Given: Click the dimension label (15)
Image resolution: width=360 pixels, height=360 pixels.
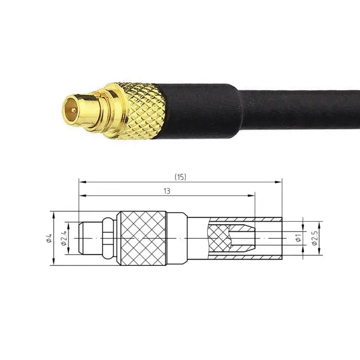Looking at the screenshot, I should click(x=180, y=177).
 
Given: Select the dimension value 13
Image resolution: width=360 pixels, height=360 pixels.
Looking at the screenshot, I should click(x=167, y=190).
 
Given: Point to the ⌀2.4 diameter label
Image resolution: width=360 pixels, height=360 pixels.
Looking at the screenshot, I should click(x=64, y=238).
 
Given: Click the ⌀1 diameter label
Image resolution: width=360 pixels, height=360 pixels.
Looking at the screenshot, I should click(x=298, y=238).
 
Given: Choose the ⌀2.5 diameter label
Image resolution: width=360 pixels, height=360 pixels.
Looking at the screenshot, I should click(x=314, y=238).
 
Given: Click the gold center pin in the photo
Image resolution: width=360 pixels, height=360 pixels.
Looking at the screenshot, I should click(x=72, y=110).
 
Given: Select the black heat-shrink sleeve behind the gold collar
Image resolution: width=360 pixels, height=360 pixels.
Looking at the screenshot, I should click(x=201, y=111).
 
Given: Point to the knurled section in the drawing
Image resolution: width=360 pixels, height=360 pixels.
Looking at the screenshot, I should click(x=142, y=239).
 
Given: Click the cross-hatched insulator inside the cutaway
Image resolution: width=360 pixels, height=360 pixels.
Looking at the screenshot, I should click(x=218, y=239).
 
